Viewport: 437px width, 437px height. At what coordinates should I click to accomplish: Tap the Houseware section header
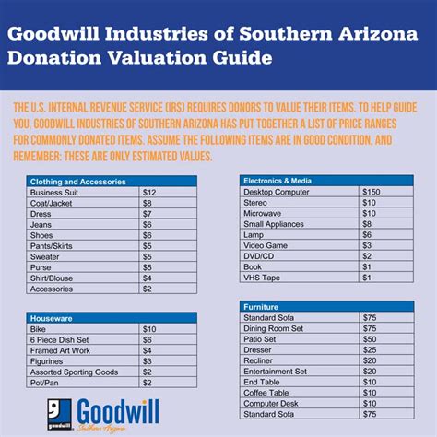[x=53, y=317]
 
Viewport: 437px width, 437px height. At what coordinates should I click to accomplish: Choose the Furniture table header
[x=261, y=306]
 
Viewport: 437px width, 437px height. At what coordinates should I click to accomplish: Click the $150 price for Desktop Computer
[x=371, y=190]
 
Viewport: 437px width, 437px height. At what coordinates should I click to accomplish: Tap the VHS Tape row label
[x=263, y=278]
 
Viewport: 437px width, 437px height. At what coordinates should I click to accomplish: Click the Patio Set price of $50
[x=369, y=339]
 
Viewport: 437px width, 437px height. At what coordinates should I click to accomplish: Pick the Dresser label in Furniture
[x=259, y=350]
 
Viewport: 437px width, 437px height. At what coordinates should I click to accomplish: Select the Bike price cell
[x=149, y=328]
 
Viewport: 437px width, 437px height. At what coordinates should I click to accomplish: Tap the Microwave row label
[x=264, y=212]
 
